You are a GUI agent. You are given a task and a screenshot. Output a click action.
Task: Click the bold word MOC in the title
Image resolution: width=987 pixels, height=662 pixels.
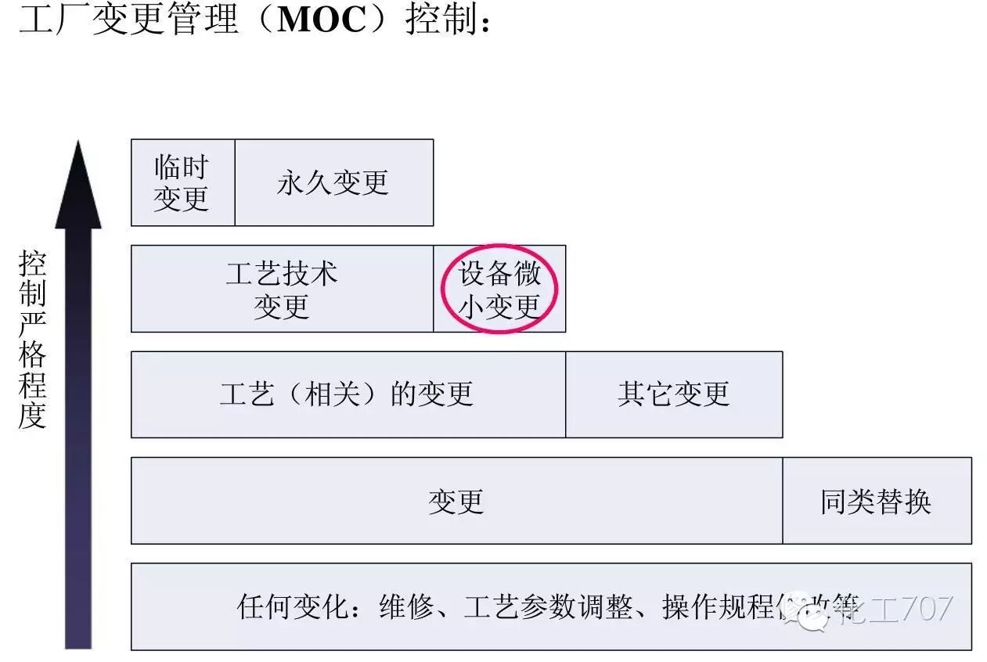(x=322, y=20)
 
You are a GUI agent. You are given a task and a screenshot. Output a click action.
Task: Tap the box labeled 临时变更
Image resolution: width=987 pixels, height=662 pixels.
(x=182, y=182)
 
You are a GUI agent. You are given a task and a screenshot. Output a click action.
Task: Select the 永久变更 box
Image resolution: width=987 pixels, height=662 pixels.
(x=333, y=182)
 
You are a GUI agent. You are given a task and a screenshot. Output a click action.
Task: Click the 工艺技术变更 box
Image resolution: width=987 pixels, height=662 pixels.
(x=282, y=289)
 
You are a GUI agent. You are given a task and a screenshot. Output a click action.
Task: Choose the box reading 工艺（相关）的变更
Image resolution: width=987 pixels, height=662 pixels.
(x=348, y=394)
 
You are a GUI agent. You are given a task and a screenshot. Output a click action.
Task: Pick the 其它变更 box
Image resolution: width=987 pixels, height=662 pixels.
(x=673, y=394)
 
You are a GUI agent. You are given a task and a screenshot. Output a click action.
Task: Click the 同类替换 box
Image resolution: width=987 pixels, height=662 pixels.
(x=876, y=501)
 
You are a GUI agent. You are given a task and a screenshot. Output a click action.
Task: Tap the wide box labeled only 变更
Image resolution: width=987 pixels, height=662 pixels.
(x=456, y=501)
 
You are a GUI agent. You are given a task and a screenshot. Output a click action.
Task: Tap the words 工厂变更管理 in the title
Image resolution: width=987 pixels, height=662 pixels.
(x=128, y=20)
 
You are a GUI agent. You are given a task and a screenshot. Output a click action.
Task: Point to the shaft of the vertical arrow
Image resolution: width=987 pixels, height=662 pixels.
(x=77, y=438)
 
